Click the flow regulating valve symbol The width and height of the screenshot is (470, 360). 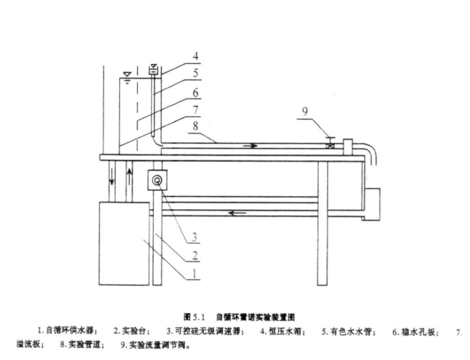point(330,145)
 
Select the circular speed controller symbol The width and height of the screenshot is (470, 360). point(156,180)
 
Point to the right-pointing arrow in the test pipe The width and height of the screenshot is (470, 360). point(251,146)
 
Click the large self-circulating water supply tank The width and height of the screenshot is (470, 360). point(124,243)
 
